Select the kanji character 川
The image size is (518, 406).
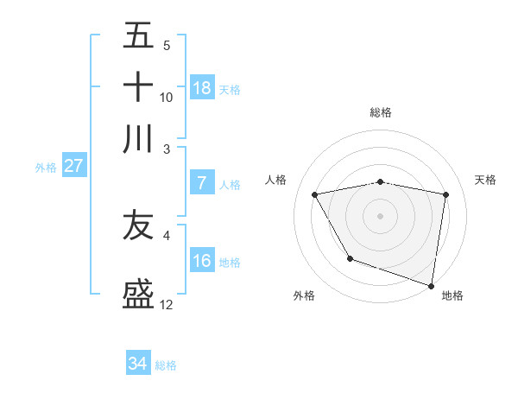pyautogui.click(x=138, y=139)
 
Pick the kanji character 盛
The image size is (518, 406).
pyautogui.click(x=138, y=294)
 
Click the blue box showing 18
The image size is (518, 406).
pyautogui.click(x=202, y=87)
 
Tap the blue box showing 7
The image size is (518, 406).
pyautogui.click(x=202, y=183)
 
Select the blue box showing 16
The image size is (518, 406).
pyautogui.click(x=202, y=261)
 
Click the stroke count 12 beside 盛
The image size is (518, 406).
pyautogui.click(x=167, y=305)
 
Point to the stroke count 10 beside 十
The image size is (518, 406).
pyautogui.click(x=167, y=97)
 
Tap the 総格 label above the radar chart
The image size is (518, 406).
pyautogui.click(x=381, y=112)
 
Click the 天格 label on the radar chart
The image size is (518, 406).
pyautogui.click(x=486, y=180)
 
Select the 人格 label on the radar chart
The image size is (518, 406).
pyautogui.click(x=276, y=180)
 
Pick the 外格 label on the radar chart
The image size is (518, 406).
pyautogui.click(x=304, y=295)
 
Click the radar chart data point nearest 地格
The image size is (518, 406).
pyautogui.click(x=432, y=285)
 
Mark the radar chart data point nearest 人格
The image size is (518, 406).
pyautogui.click(x=315, y=195)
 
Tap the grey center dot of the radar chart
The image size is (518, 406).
pyautogui.click(x=381, y=215)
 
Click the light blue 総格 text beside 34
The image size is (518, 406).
pyautogui.click(x=166, y=365)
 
